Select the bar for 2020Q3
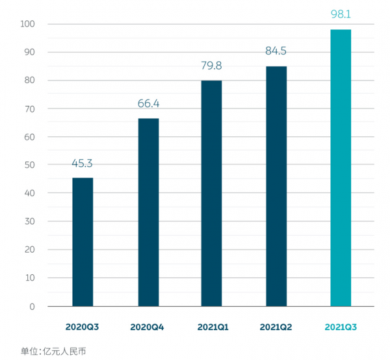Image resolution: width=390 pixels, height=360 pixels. point(83,242)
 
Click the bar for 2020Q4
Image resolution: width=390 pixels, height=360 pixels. point(148,212)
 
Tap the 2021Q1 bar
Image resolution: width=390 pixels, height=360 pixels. point(211,193)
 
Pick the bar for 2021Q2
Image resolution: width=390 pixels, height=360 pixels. point(276,186)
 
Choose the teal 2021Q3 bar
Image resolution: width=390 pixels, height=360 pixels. point(341,168)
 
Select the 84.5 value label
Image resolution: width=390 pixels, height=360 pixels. point(276,51)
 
